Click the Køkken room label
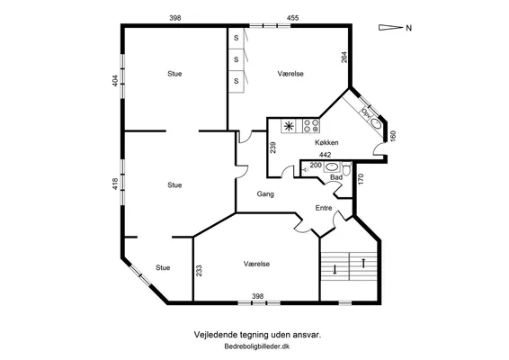326,142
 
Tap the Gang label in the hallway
265,194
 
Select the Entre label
324,208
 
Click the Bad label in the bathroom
336,177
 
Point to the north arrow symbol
390,28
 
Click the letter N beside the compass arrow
408,28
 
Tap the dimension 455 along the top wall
292,18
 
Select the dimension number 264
344,58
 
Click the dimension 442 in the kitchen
325,155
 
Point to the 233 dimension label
199,271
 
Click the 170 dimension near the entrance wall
361,179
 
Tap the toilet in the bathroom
347,168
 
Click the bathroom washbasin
332,167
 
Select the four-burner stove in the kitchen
311,126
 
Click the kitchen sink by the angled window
375,123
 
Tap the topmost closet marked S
236,38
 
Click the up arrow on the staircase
363,263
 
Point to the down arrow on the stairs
335,269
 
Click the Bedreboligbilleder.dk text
257,346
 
